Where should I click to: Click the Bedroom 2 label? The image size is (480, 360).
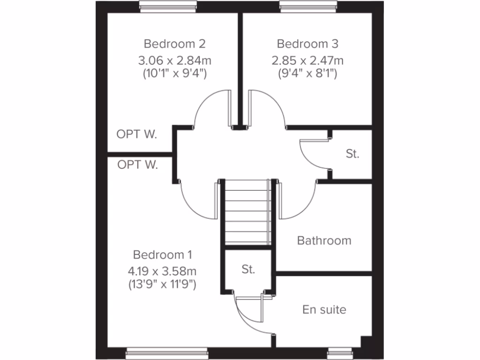click(x=174, y=44)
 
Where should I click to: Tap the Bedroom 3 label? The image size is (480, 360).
click(x=307, y=44)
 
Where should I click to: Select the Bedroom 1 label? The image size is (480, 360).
click(x=162, y=255)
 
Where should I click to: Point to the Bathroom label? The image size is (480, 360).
click(x=324, y=240)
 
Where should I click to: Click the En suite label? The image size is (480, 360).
click(x=324, y=309)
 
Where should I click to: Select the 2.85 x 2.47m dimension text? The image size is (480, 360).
click(x=307, y=60)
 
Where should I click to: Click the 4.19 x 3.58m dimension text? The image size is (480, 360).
click(x=162, y=271)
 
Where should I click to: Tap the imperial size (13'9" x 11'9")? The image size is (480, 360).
click(x=162, y=284)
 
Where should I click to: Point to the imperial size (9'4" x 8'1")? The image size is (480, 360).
click(x=307, y=73)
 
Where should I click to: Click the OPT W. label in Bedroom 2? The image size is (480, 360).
click(x=137, y=135)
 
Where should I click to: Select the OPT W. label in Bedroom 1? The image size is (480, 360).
click(x=137, y=165)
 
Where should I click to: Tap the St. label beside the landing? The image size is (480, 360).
click(x=352, y=154)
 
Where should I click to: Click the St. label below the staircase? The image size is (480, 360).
click(x=248, y=270)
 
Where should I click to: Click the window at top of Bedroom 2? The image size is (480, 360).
click(x=167, y=6)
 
